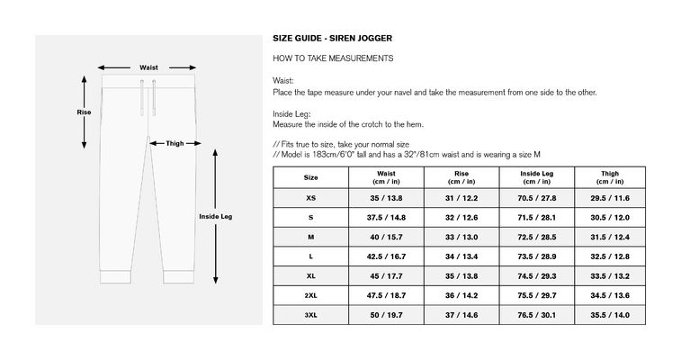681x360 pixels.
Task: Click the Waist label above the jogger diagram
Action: pos(148,67)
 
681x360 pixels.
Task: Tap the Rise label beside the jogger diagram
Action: pos(84,112)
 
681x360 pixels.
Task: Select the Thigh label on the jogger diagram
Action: pos(175,143)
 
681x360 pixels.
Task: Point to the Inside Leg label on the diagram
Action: pos(215,216)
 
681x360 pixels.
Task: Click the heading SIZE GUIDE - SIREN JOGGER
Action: pos(332,38)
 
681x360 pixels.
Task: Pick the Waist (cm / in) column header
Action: pos(386,177)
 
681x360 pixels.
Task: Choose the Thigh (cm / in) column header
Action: pos(610,177)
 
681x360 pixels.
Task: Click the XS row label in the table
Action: pos(310,198)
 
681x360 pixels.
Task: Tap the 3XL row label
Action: pos(310,315)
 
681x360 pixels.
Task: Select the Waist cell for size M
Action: pos(386,237)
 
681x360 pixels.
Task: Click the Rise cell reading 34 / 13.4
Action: pos(461,256)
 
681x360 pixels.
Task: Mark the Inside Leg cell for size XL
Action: pos(537,276)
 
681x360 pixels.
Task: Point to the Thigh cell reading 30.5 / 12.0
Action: pos(610,218)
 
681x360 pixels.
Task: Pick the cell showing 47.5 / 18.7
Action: pos(386,296)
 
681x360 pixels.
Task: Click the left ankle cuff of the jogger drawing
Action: pos(115,276)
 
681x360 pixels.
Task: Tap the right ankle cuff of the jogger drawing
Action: pos(178,276)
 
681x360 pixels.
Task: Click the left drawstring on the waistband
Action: pos(142,98)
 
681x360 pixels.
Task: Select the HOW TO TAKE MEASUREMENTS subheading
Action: pos(333,58)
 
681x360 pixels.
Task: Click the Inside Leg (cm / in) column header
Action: pos(537,177)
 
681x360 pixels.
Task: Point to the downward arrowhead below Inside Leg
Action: pos(215,280)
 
